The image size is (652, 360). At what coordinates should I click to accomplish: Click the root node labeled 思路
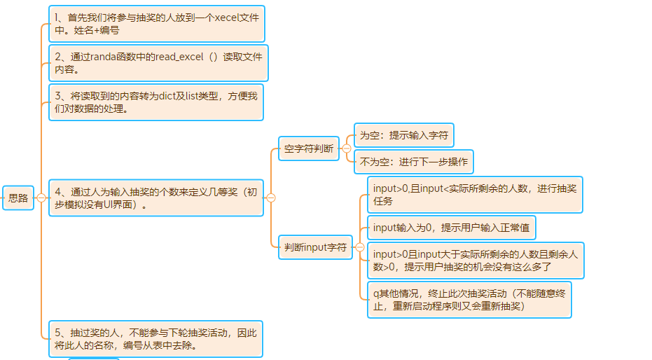[x=18, y=198]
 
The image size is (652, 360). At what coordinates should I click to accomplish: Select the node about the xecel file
[x=157, y=24]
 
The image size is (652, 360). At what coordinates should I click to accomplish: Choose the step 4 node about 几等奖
[x=155, y=198]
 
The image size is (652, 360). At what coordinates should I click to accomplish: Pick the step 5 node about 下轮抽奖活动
[x=155, y=339]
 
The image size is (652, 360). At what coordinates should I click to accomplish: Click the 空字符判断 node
[x=309, y=148]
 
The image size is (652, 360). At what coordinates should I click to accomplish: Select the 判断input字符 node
[x=315, y=247]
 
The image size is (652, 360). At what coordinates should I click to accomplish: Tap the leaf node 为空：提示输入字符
[x=404, y=135]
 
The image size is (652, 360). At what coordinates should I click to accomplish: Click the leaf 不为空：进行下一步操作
[x=414, y=162]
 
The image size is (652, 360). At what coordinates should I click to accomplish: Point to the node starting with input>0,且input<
[x=475, y=195]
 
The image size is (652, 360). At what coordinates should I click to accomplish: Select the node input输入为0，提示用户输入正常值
[x=452, y=228]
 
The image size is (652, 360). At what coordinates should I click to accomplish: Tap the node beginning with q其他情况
[x=469, y=300]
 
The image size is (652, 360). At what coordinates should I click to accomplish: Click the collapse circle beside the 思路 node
[x=41, y=198]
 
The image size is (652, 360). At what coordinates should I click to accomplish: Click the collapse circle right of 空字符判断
[x=346, y=148]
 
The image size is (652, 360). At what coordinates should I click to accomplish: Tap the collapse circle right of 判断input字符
[x=360, y=247]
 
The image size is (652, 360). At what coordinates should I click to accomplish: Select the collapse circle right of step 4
[x=271, y=198]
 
